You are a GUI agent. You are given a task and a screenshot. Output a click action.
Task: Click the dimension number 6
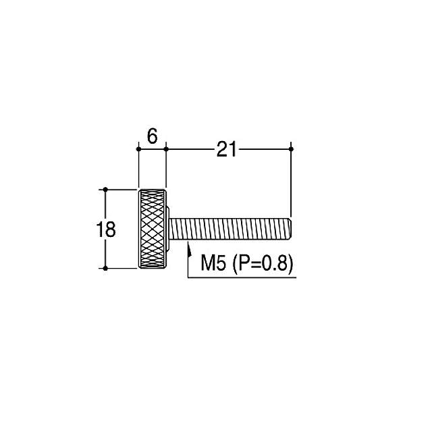(152, 136)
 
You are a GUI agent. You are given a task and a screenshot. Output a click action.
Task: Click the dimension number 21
(227, 149)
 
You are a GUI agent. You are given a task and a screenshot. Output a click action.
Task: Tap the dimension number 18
(106, 230)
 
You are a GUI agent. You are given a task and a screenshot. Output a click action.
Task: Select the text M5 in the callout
(213, 263)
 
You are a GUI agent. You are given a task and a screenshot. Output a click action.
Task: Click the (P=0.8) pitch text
(263, 263)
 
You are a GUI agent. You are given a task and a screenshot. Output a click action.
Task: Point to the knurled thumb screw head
(153, 229)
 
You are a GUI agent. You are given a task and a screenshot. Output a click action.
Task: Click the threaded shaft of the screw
(230, 229)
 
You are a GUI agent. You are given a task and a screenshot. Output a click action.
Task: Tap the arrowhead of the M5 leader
(190, 248)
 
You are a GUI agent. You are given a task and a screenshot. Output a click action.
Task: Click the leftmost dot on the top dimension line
(138, 149)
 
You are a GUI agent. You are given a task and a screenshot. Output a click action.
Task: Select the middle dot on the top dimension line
(166, 149)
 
